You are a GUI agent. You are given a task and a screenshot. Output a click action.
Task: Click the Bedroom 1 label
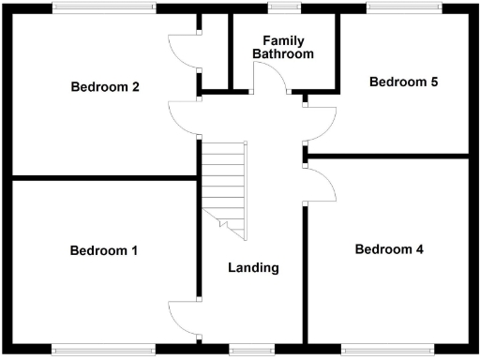104,250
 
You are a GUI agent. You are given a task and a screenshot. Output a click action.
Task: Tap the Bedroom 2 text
105,87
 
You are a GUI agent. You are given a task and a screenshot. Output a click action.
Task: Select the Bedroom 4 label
389,249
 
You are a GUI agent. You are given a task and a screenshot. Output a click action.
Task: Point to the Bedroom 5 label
403,82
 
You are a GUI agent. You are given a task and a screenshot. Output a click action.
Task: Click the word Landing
253,267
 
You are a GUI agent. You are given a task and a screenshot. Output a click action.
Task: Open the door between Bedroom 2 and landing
184,117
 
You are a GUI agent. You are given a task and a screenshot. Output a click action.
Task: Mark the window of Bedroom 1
104,351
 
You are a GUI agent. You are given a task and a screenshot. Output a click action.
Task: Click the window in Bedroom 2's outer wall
104,7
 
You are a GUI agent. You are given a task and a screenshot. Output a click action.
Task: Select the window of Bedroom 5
404,7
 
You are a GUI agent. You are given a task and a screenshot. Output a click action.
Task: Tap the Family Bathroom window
280,7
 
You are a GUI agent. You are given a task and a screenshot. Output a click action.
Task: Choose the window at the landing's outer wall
251,351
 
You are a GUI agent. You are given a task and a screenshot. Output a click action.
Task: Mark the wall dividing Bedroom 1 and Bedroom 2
103,177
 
